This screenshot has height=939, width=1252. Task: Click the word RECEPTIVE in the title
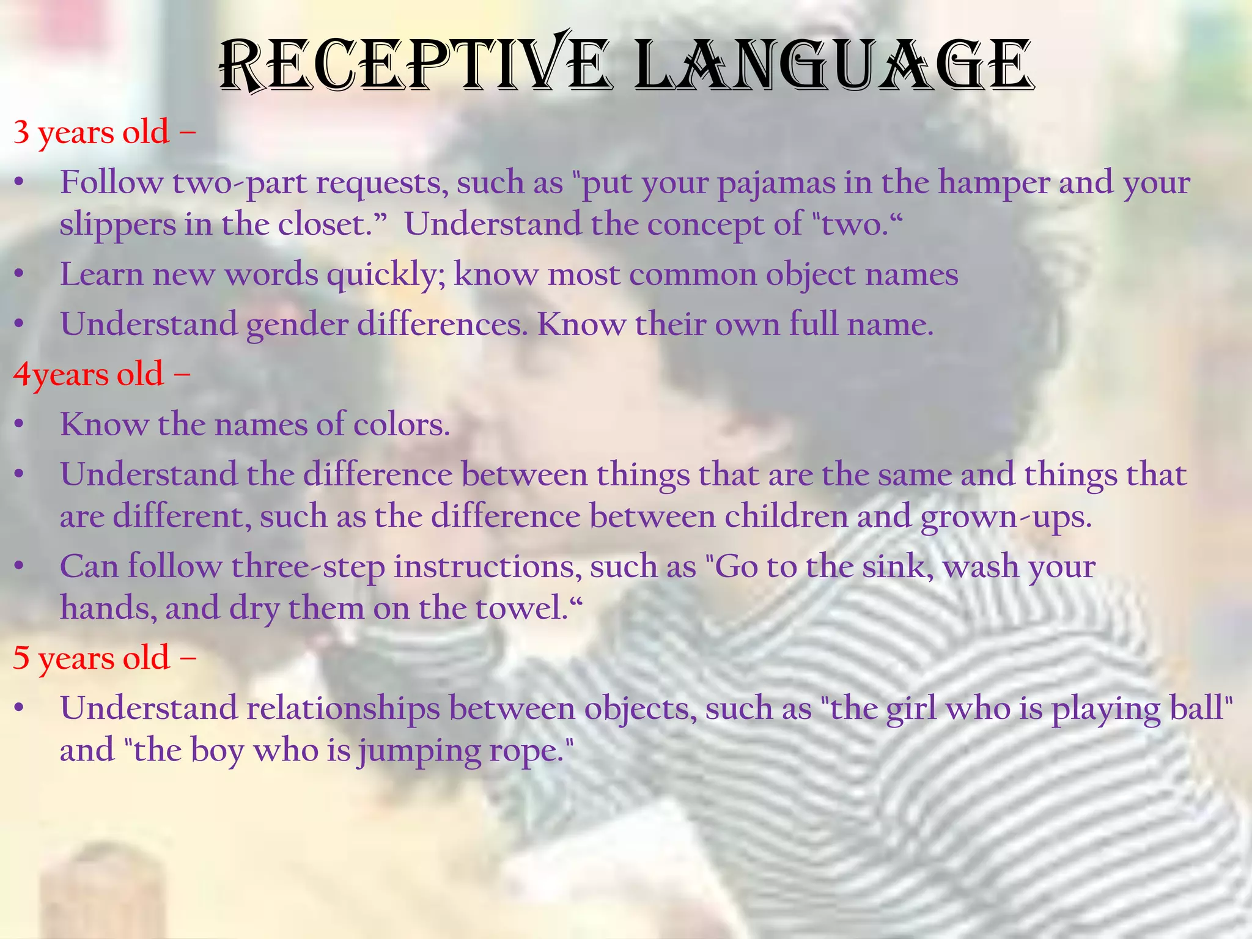[x=413, y=65]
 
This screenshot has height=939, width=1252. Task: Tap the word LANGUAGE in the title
[x=833, y=65]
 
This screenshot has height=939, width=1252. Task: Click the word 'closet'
[x=330, y=224]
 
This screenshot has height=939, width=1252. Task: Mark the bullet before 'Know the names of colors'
[x=20, y=425]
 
